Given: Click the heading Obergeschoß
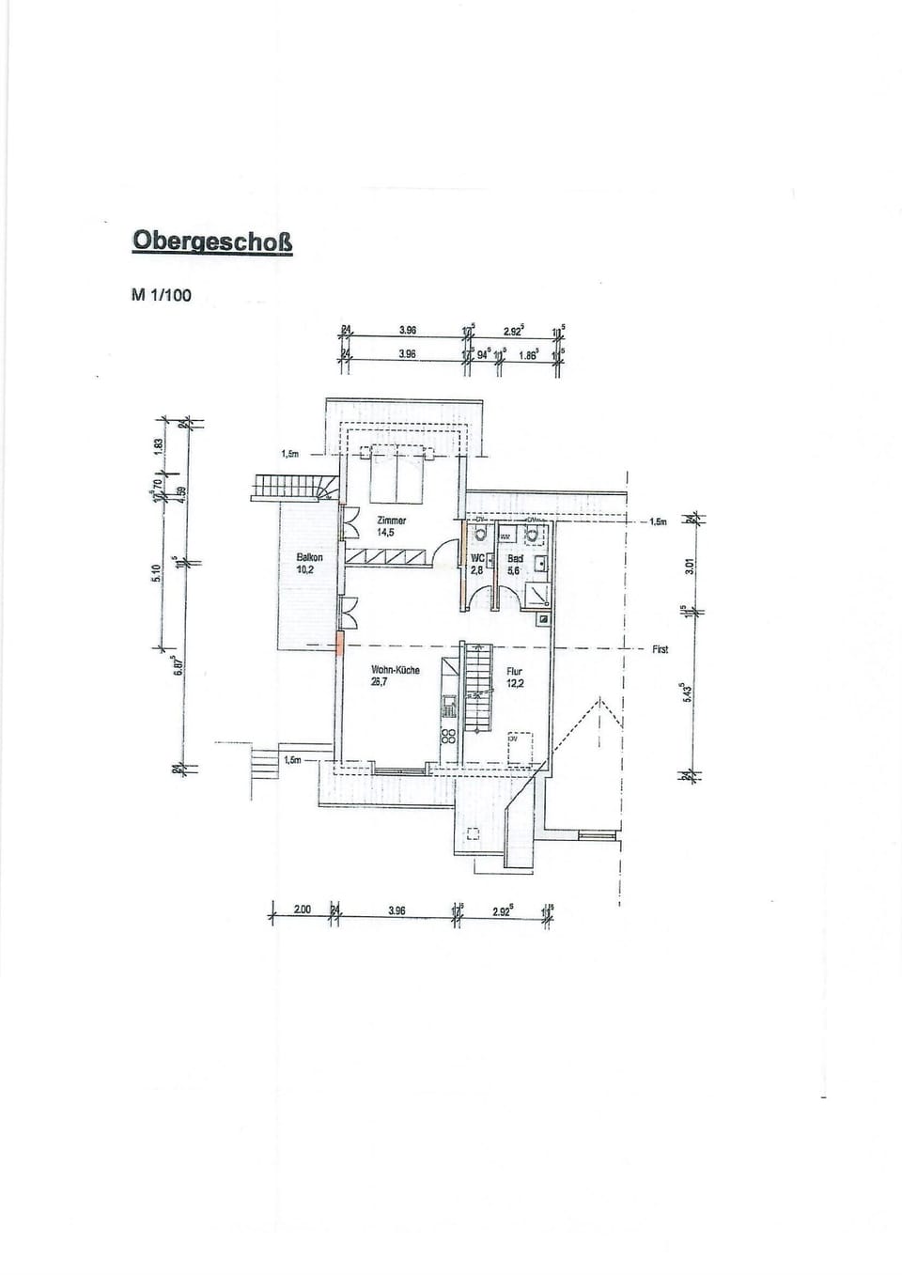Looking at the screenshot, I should (212, 241).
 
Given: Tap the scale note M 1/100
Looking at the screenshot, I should (162, 295).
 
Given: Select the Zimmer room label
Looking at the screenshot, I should (391, 520).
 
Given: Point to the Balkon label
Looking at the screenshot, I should (309, 557).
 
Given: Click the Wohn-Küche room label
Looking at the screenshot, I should (396, 670).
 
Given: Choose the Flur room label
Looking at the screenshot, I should (514, 671).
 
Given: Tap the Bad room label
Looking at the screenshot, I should (515, 558).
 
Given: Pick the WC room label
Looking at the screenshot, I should (477, 558).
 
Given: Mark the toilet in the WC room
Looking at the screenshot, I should (480, 534).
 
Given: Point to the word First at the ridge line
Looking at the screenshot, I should (660, 649).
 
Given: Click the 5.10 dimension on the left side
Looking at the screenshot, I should (157, 571).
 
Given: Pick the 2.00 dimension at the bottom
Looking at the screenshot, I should (302, 910).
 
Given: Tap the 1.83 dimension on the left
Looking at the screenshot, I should (159, 444).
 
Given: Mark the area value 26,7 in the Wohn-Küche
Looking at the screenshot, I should (381, 682).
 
